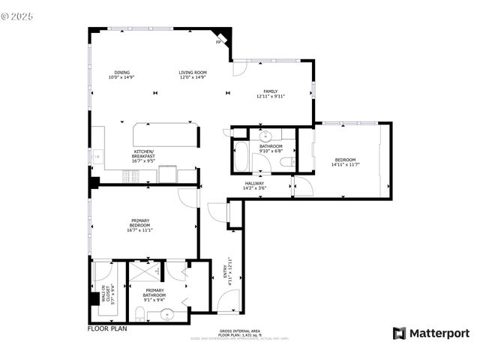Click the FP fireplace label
218,42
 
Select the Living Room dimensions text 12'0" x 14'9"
193,77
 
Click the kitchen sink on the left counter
97,157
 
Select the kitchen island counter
165,135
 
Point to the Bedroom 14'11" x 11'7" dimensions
345,164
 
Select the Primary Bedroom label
139,223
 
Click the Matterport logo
431,333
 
